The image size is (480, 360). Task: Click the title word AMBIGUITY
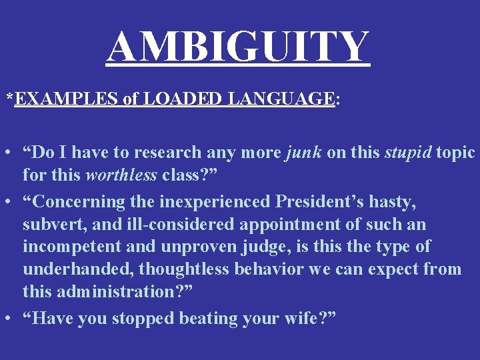pyautogui.click(x=238, y=47)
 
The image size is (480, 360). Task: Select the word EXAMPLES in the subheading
pyautogui.click(x=65, y=99)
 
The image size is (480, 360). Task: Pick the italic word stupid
pyautogui.click(x=408, y=153)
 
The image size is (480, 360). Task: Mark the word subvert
pyautogui.click(x=51, y=224)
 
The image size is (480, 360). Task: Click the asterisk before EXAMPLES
pyautogui.click(x=9, y=98)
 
